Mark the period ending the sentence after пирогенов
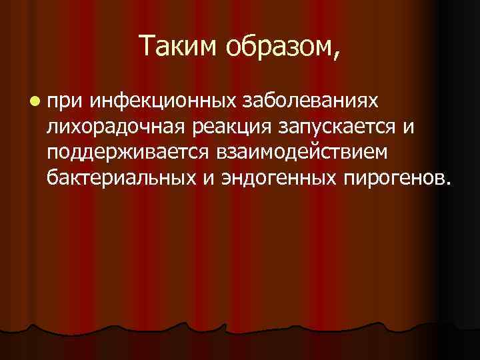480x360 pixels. pos(446,183)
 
